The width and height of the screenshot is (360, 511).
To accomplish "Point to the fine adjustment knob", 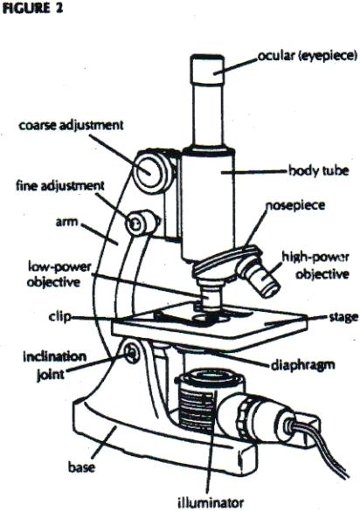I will tap(135, 225).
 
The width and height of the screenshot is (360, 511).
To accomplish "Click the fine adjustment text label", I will tap(59, 186).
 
